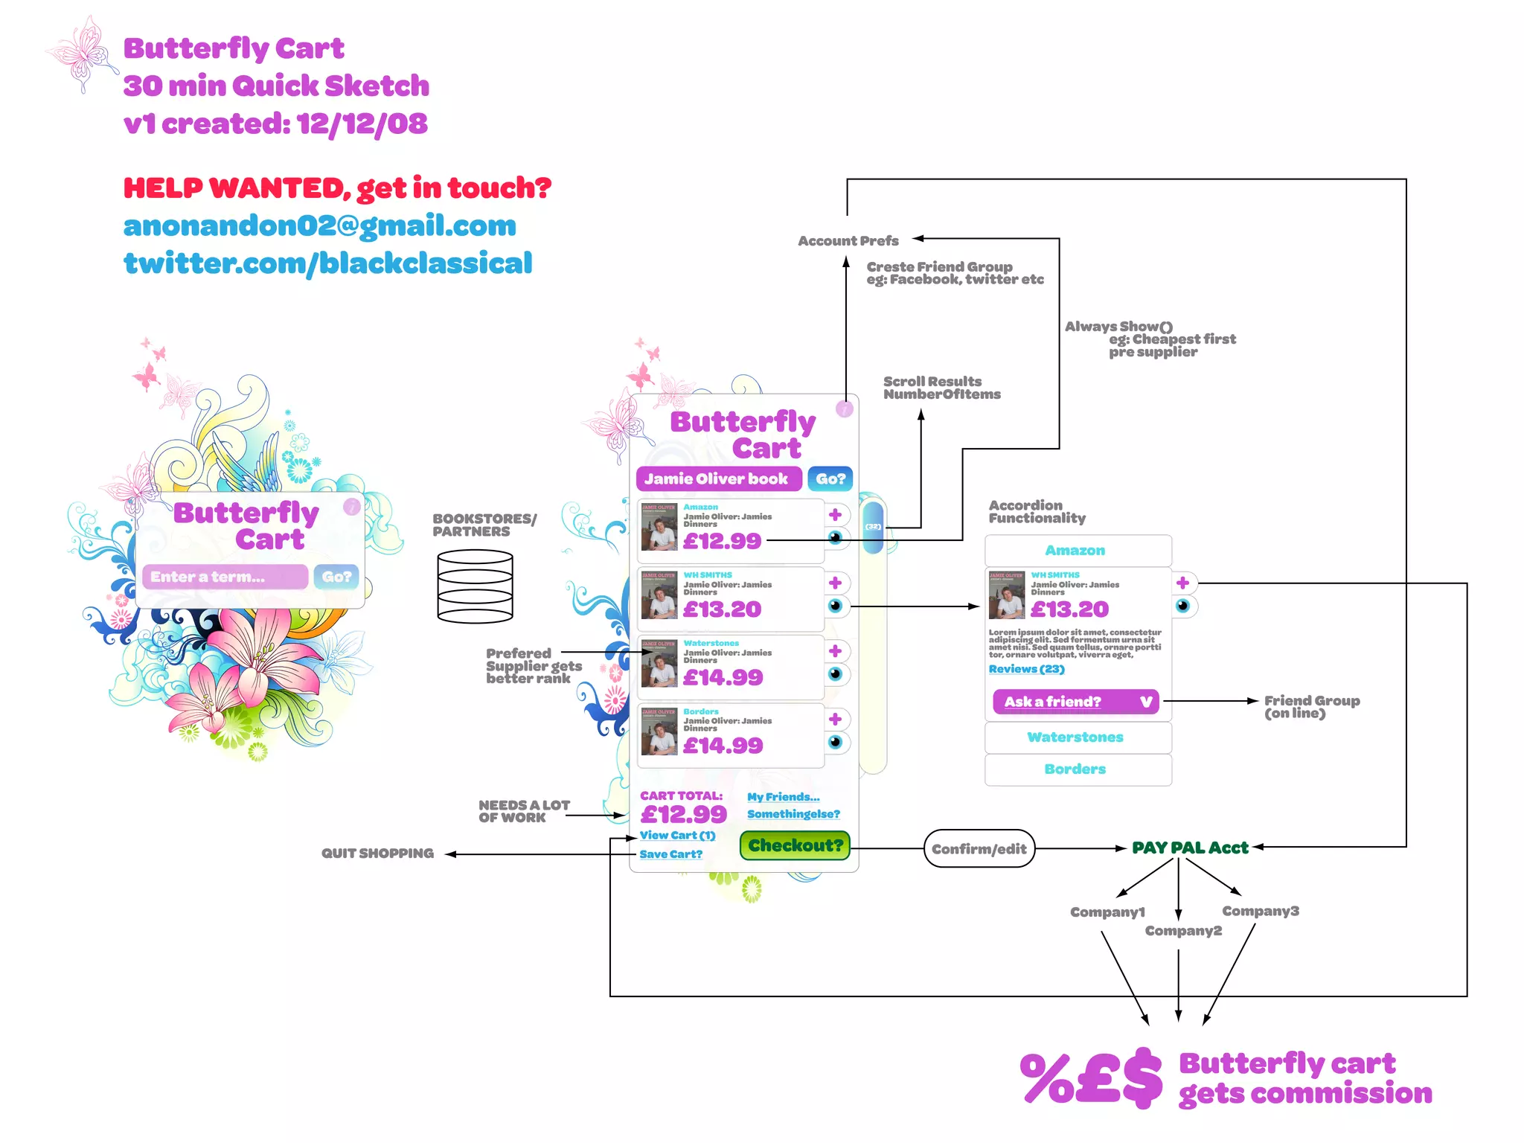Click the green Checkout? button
[795, 845]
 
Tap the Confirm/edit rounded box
[979, 848]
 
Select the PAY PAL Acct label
[1190, 848]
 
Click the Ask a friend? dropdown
[1075, 702]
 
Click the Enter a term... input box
[225, 577]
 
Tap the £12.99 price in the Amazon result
[722, 541]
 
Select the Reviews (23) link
[1026, 669]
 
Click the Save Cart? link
[670, 854]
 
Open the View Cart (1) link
[677, 836]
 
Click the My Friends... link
[783, 797]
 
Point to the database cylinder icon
[475, 586]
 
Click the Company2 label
[1183, 931]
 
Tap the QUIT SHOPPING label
[377, 854]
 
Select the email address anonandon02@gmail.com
[320, 225]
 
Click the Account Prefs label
[848, 241]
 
